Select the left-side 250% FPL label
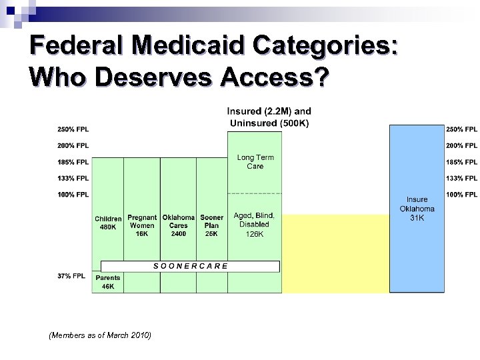[x=73, y=129]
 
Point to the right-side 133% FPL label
[x=461, y=178]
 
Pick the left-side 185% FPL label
[x=73, y=162]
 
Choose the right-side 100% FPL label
[x=461, y=195]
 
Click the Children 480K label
[x=108, y=223]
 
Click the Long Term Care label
[x=255, y=162]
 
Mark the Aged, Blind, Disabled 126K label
[x=254, y=225]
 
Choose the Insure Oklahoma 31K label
[x=417, y=209]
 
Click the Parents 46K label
[x=108, y=281]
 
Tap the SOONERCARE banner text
[x=190, y=266]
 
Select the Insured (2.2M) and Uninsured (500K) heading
[x=269, y=117]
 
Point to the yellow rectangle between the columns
[x=335, y=253]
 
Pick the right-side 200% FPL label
[x=461, y=145]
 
